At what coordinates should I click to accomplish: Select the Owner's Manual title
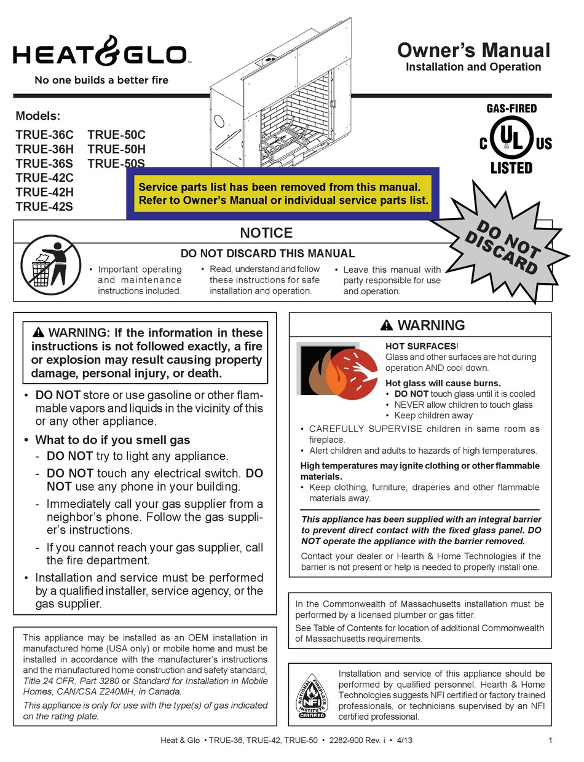tap(473, 50)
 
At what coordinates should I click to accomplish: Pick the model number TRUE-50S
tap(117, 163)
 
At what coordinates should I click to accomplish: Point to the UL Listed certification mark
tap(511, 138)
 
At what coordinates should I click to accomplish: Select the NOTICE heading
tap(266, 233)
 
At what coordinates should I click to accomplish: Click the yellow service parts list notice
tap(283, 193)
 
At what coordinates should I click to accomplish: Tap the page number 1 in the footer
tap(550, 741)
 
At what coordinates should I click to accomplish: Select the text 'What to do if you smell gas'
tap(112, 440)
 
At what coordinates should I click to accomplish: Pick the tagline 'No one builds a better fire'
tap(101, 80)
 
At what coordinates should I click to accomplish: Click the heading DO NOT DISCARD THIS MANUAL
tap(267, 253)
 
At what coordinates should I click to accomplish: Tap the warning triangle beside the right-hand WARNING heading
tap(386, 325)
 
